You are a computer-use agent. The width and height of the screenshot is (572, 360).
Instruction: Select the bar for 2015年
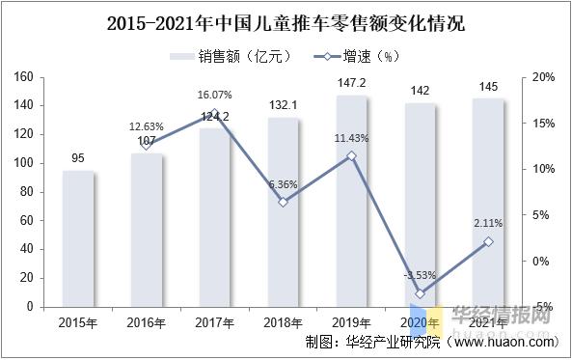[78, 238]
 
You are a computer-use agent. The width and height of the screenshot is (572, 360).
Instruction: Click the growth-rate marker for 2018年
[283, 202]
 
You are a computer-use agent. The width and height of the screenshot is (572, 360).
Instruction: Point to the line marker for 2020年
[420, 293]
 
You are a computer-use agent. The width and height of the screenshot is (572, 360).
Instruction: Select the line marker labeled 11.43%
[351, 155]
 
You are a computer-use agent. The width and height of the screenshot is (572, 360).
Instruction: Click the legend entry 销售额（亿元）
[228, 56]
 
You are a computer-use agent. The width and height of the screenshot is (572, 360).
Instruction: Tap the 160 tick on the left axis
[27, 77]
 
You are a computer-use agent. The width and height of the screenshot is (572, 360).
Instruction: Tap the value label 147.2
[351, 84]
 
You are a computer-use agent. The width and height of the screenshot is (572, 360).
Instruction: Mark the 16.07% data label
[214, 96]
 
